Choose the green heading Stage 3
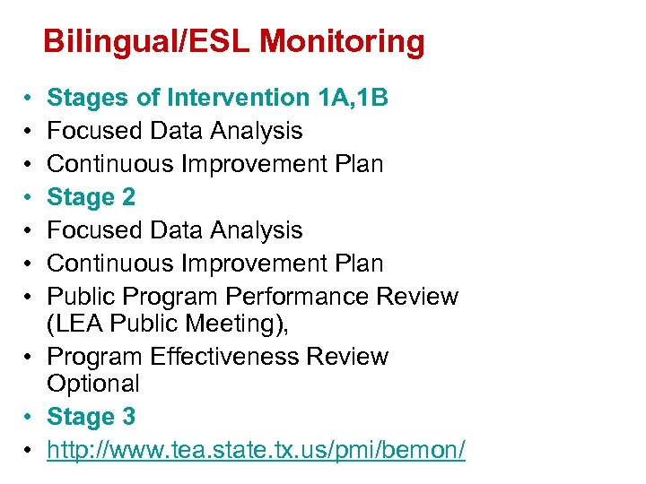click(x=92, y=417)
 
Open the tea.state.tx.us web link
click(x=256, y=450)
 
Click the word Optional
click(x=93, y=384)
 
